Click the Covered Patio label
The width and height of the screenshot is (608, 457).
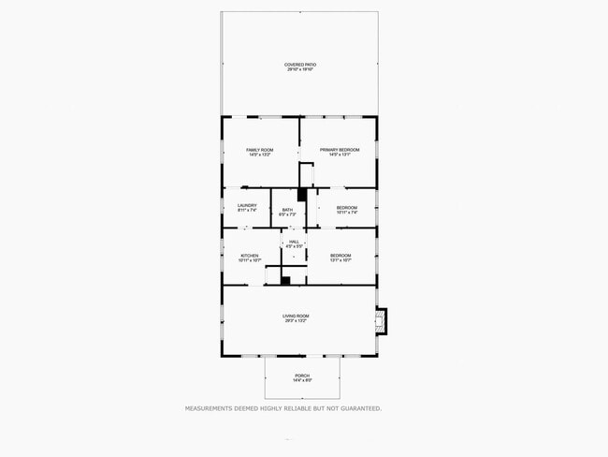pyautogui.click(x=300, y=65)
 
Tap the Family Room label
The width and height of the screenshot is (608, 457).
pyautogui.click(x=260, y=150)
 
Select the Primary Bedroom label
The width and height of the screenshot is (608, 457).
pyautogui.click(x=340, y=150)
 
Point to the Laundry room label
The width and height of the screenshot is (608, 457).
pyautogui.click(x=247, y=205)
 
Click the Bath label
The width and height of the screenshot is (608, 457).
pyautogui.click(x=287, y=210)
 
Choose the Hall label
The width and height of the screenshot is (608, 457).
pyautogui.click(x=294, y=242)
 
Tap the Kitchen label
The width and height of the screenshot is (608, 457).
pyautogui.click(x=249, y=255)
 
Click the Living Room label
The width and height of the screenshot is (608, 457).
pyautogui.click(x=296, y=316)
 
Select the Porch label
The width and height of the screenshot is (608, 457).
pyautogui.click(x=302, y=376)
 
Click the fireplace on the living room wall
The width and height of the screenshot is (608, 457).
pyautogui.click(x=380, y=321)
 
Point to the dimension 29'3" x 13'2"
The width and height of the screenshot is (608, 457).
pyautogui.click(x=296, y=321)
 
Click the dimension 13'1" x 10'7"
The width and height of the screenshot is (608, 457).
pyautogui.click(x=340, y=260)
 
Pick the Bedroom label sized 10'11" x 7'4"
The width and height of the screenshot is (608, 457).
pyautogui.click(x=347, y=207)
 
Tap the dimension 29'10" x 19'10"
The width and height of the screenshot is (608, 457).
pyautogui.click(x=300, y=70)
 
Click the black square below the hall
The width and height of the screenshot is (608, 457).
pyautogui.click(x=286, y=279)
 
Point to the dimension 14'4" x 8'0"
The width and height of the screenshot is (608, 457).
pyautogui.click(x=302, y=381)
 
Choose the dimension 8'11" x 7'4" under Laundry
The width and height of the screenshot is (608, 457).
pyautogui.click(x=247, y=211)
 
